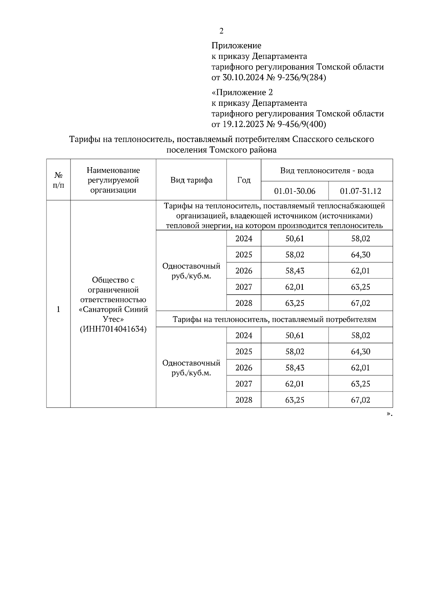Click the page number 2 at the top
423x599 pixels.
tap(221, 31)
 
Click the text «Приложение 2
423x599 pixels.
tap(242, 92)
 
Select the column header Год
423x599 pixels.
tap(244, 180)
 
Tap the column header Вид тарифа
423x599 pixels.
tap(191, 180)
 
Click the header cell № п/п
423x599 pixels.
tap(59, 180)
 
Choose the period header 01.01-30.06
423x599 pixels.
tap(295, 191)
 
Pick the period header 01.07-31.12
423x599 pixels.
tap(360, 191)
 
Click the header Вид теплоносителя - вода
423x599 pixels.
tap(327, 171)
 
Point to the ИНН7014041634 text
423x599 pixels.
tap(113, 329)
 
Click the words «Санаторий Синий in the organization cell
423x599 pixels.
tap(113, 309)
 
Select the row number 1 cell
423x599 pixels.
tap(59, 309)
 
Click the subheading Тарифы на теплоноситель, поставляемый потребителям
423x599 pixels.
tap(274, 319)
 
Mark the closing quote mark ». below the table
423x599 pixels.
tap(389, 414)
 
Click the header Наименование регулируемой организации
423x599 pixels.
tap(113, 180)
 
